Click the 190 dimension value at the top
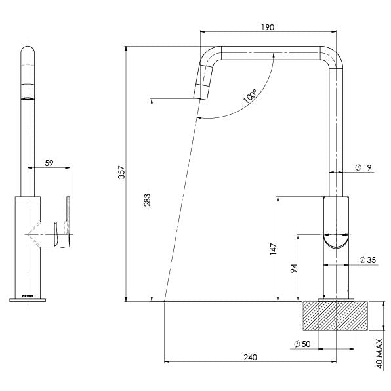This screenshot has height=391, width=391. [267, 27]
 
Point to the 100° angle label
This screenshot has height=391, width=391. [250, 97]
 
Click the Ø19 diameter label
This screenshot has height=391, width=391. [363, 168]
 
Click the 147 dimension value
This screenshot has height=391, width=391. [274, 249]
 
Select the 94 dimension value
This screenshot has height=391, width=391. [294, 268]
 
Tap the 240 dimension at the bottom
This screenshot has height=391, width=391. [249, 358]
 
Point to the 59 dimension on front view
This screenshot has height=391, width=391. [49, 162]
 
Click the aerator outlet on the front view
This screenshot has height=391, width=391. [28, 98]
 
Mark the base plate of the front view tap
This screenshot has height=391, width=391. [28, 300]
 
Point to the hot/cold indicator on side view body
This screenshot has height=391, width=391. [335, 234]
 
